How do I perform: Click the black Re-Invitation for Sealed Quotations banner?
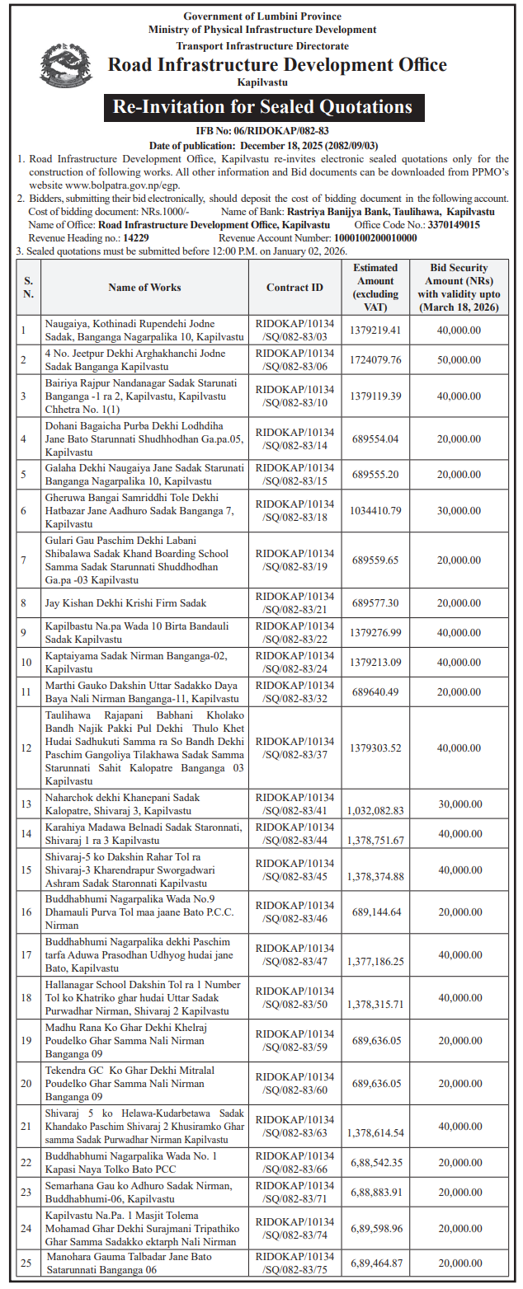[x=262, y=107]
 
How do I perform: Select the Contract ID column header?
[x=294, y=288]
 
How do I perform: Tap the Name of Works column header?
[x=144, y=288]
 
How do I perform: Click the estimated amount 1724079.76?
[x=375, y=359]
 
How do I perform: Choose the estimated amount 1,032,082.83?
[x=375, y=810]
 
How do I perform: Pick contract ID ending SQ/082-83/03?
[x=294, y=330]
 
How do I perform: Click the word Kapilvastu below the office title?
[x=262, y=82]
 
